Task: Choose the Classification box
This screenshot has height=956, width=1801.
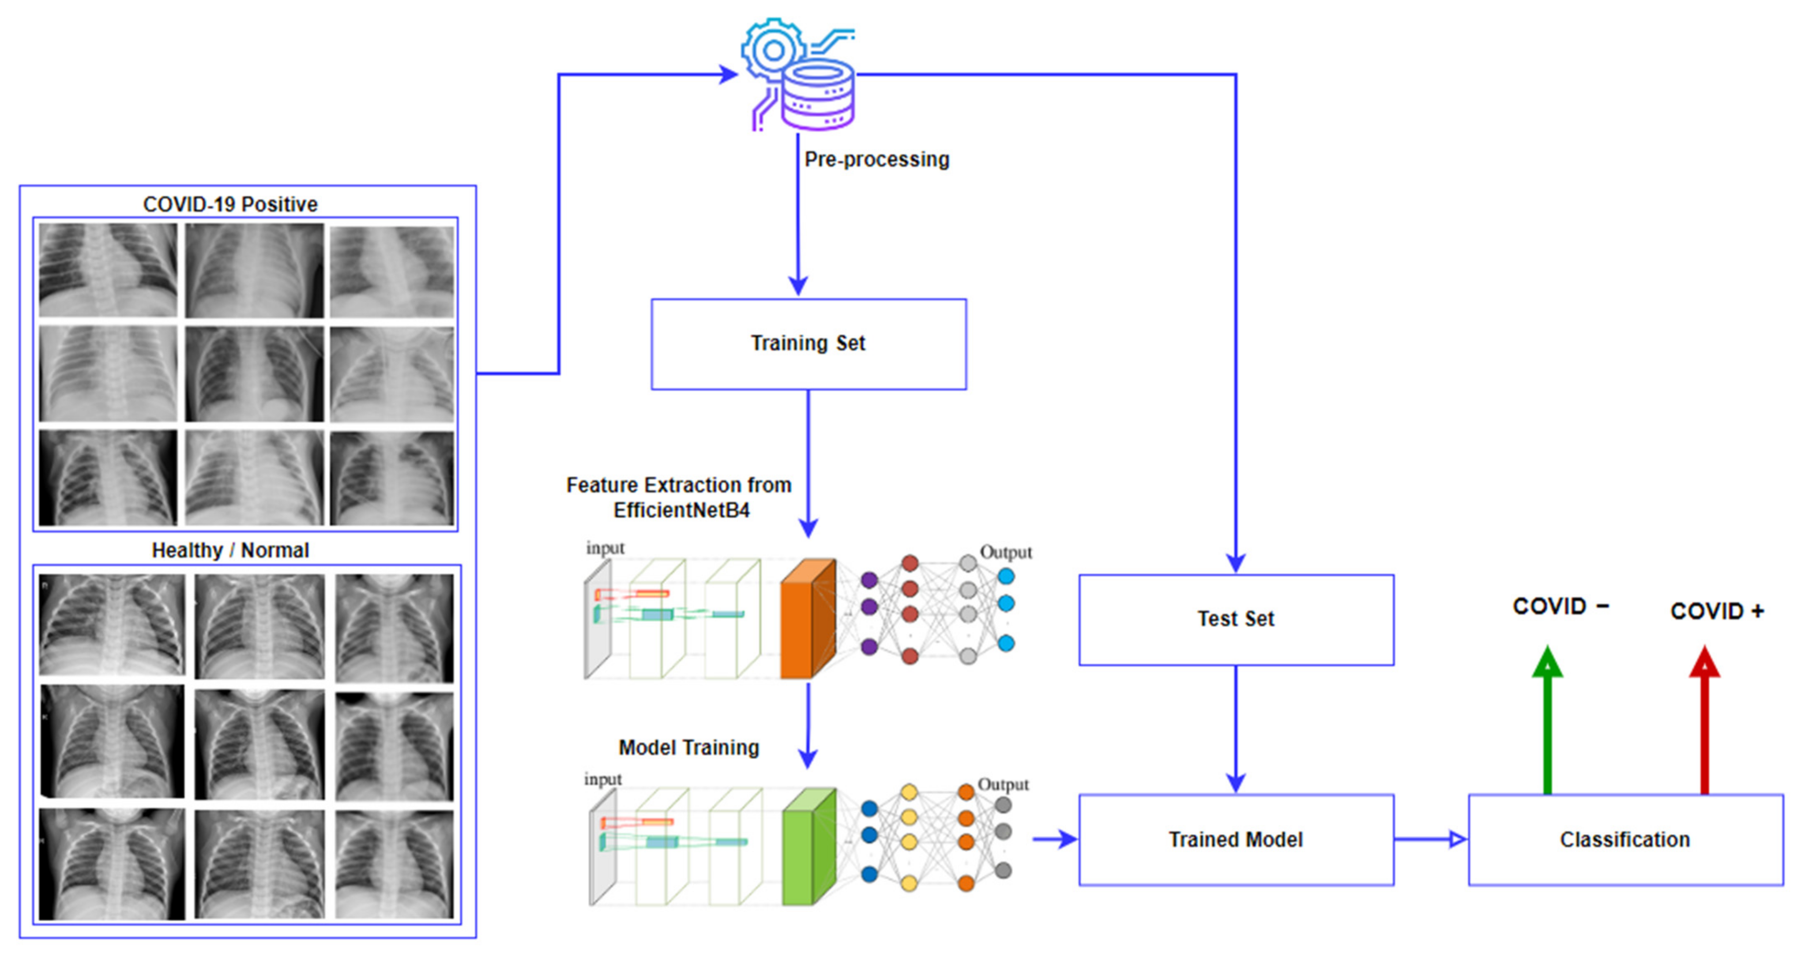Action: point(1625,839)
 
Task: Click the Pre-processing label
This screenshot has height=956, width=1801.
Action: point(877,159)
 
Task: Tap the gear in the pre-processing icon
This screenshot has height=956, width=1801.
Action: point(773,50)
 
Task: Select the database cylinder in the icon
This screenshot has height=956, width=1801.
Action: point(818,97)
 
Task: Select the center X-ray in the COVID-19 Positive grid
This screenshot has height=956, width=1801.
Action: point(254,375)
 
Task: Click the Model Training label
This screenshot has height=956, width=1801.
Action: point(688,748)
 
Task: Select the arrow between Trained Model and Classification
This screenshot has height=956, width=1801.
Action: point(1430,839)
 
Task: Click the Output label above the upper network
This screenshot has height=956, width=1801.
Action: point(1005,553)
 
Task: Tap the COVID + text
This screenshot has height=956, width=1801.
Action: point(1716,611)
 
